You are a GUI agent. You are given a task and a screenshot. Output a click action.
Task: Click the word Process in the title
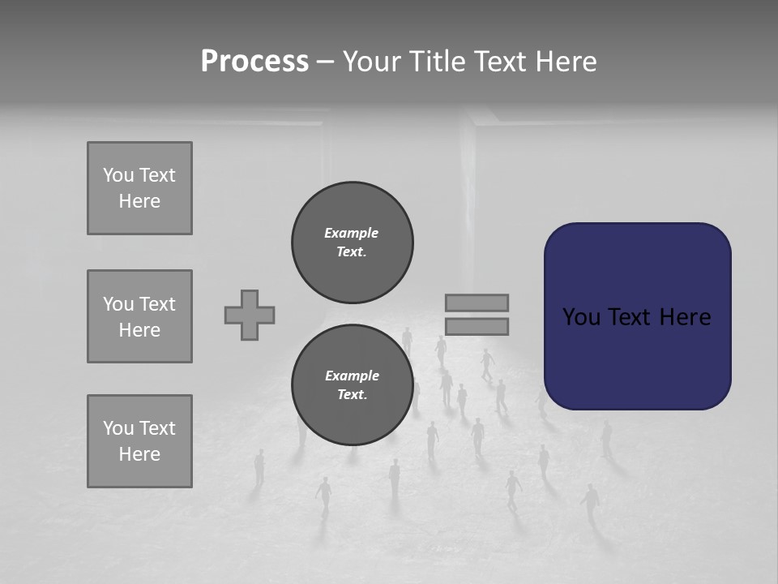[x=254, y=62]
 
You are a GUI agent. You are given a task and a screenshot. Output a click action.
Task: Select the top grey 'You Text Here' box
[x=139, y=188]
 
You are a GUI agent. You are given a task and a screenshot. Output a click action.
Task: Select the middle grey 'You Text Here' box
[x=139, y=316]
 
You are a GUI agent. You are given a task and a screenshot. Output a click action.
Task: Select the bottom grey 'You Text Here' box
[x=139, y=441]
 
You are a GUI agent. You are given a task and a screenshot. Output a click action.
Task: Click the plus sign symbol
[x=250, y=315]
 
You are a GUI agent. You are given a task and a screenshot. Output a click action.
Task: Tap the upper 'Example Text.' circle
[x=353, y=243]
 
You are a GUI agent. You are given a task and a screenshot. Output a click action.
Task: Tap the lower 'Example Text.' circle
[x=353, y=385]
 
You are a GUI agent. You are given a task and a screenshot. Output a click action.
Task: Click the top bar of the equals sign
[x=477, y=303]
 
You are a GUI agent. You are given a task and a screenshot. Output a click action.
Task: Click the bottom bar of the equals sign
[x=477, y=327]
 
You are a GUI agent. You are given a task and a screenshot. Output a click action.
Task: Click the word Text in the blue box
[x=631, y=316]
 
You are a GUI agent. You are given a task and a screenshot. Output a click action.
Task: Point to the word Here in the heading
[x=565, y=62]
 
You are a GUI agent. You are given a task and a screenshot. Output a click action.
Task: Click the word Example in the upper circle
[x=351, y=233]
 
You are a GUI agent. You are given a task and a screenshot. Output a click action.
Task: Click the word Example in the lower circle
[x=352, y=376]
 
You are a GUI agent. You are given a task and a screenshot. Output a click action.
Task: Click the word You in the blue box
[x=581, y=316]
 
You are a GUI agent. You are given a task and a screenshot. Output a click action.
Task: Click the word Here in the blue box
[x=685, y=316]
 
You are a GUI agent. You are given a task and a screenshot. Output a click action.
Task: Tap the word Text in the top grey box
[x=156, y=175]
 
